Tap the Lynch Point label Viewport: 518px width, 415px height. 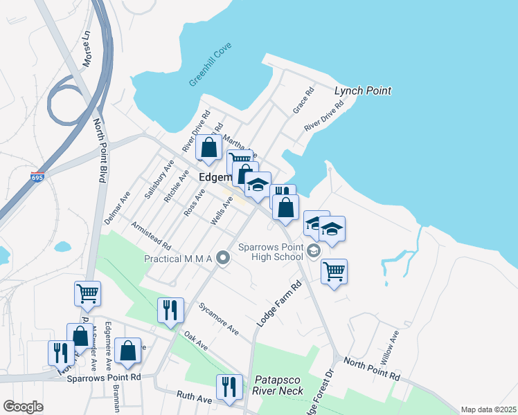pyautogui.click(x=363, y=91)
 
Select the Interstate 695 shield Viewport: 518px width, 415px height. pyautogui.click(x=37, y=178)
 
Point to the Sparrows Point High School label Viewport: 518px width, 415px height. pyautogui.click(x=271, y=252)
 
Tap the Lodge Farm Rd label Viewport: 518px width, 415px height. pyautogui.click(x=280, y=303)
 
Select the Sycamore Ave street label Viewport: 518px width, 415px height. pyautogui.click(x=217, y=318)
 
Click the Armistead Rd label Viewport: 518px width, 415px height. pyautogui.click(x=151, y=235)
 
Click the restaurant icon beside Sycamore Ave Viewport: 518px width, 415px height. pyautogui.click(x=170, y=310)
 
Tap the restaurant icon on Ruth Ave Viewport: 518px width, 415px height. pyautogui.click(x=229, y=387)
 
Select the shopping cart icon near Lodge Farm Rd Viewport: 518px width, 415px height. pyautogui.click(x=334, y=271)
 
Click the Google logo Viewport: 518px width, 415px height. pyautogui.click(x=23, y=406)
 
